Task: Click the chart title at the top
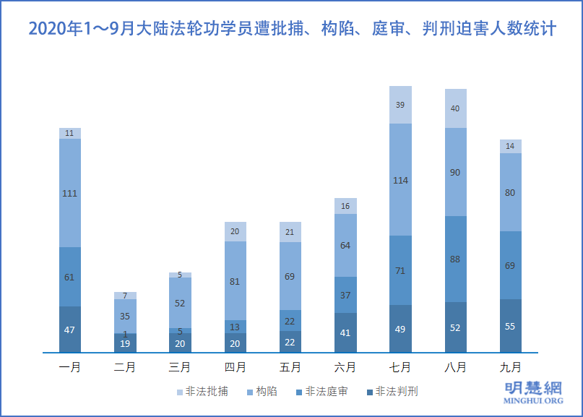291,30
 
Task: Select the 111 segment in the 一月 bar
70,192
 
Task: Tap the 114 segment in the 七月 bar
400,180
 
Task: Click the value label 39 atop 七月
400,105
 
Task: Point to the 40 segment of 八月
455,108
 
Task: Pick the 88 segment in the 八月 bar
455,259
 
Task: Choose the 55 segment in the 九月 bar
510,326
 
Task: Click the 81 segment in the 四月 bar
236,281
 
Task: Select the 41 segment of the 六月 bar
345,333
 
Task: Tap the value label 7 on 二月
125,296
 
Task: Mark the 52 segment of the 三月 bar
181,303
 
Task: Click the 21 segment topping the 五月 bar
290,232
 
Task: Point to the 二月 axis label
125,367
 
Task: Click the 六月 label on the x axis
345,367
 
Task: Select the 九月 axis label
510,367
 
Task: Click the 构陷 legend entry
262,392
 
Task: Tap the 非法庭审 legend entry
321,392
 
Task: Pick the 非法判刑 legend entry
392,392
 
